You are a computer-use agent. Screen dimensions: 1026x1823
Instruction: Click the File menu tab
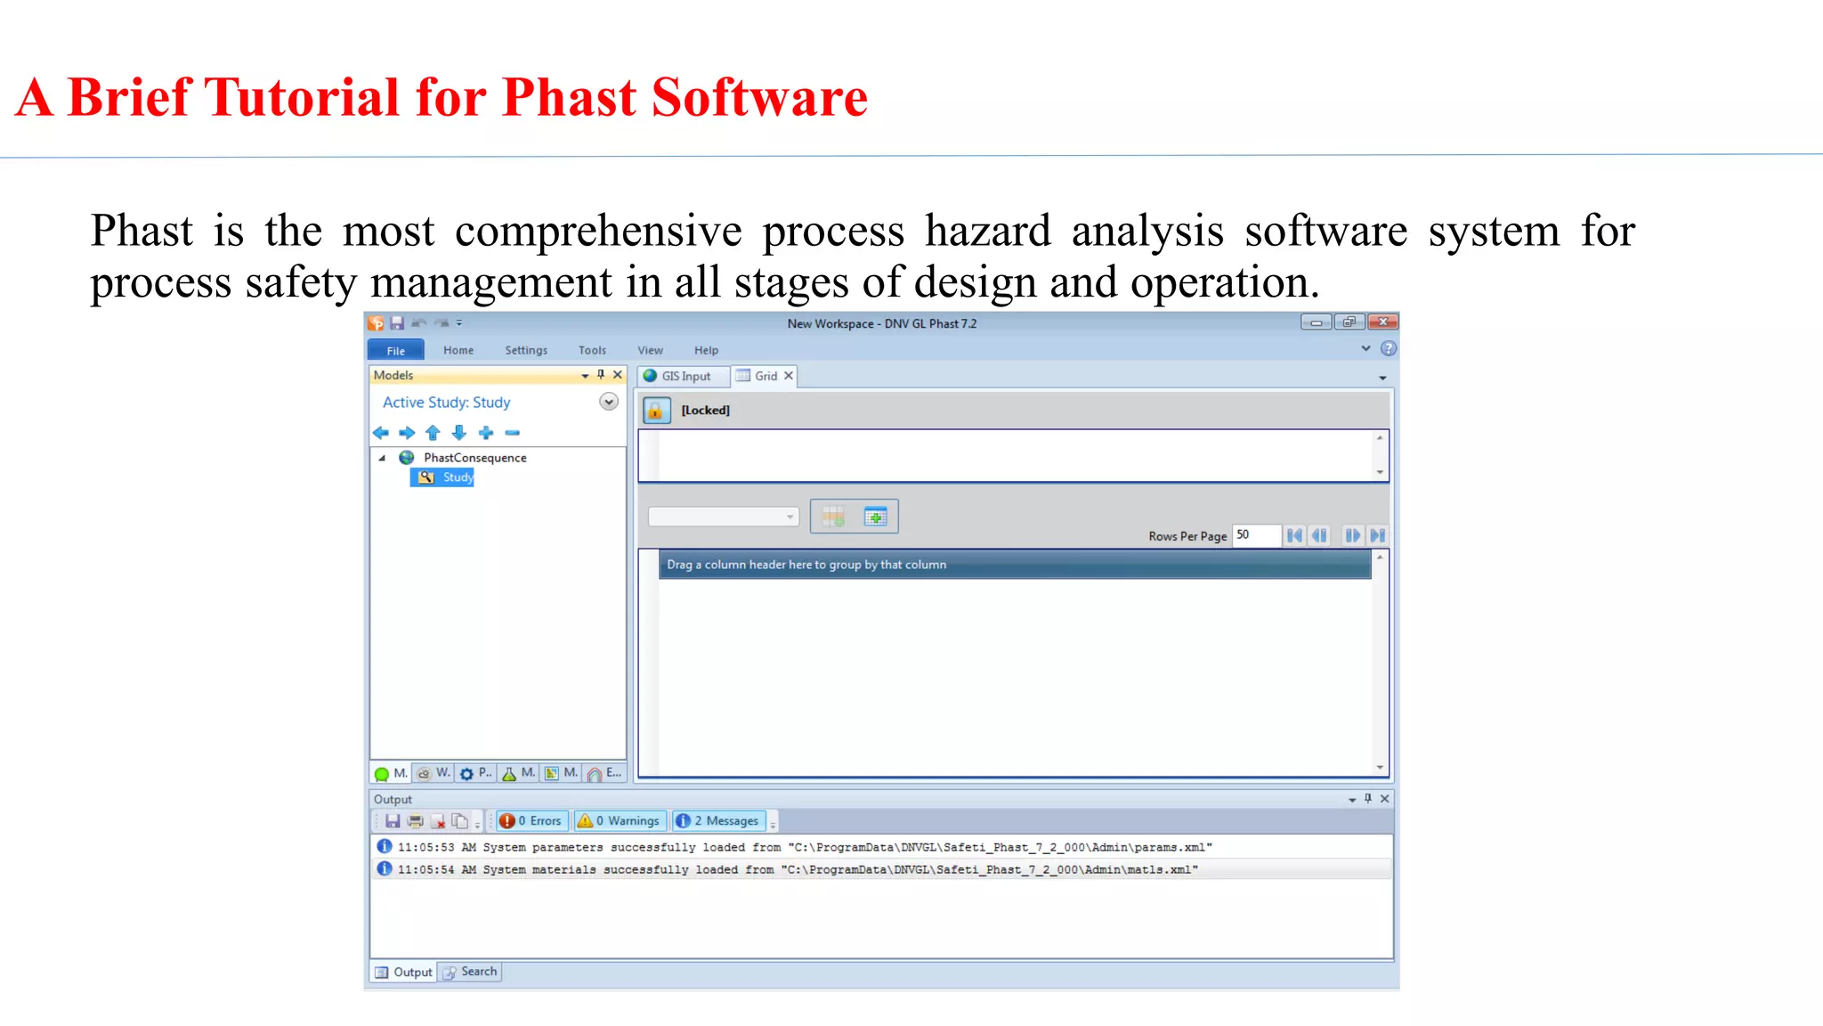(x=395, y=350)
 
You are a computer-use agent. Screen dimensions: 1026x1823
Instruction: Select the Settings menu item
(x=526, y=350)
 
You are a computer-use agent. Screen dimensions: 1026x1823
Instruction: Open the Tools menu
(x=592, y=350)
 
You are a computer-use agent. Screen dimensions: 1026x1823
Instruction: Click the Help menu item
(x=706, y=350)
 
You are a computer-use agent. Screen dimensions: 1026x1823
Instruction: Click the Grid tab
(x=765, y=376)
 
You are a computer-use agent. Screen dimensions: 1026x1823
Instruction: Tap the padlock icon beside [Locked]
(x=656, y=411)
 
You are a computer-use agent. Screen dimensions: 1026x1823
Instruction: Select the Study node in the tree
(x=458, y=477)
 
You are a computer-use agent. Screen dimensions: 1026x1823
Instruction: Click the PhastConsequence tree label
(x=474, y=458)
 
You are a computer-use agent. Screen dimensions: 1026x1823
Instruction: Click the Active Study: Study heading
(x=446, y=403)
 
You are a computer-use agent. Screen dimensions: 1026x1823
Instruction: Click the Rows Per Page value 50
(x=1254, y=535)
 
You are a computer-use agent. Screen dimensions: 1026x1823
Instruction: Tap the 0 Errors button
(x=531, y=820)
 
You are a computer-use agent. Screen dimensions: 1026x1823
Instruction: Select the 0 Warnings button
(x=620, y=820)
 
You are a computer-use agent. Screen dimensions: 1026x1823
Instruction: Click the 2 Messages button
(x=718, y=820)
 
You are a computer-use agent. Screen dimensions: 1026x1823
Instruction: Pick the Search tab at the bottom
(x=471, y=972)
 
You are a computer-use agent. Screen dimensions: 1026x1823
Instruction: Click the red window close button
(x=1382, y=322)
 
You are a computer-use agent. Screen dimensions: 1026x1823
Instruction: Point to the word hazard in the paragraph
(x=987, y=231)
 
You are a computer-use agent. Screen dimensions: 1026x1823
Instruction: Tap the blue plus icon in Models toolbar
(x=486, y=433)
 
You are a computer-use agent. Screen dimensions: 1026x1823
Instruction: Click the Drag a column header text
(x=806, y=565)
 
